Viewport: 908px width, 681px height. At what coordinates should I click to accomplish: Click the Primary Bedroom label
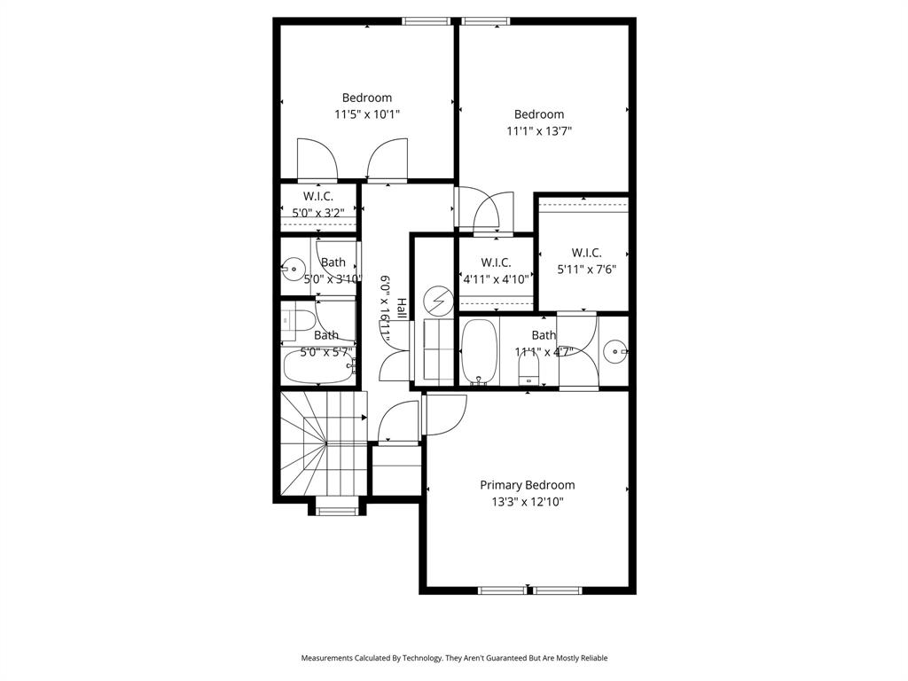click(x=527, y=485)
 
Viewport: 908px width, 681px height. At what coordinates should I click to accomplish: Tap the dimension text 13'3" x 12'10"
click(x=527, y=502)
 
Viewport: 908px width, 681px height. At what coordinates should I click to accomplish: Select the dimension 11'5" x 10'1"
click(x=367, y=114)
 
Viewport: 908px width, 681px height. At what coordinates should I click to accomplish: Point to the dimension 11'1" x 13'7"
click(x=539, y=131)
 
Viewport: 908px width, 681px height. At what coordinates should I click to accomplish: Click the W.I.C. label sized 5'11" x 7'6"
click(x=586, y=253)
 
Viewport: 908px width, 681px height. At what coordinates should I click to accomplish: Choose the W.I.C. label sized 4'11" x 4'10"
click(x=496, y=262)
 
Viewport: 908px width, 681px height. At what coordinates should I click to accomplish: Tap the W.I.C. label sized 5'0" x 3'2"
click(x=318, y=196)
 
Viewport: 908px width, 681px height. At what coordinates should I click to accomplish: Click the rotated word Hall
click(x=402, y=309)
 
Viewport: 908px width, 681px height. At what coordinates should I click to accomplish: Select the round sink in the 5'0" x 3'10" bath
click(x=293, y=265)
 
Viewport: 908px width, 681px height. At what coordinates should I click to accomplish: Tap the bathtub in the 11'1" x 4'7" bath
click(x=479, y=351)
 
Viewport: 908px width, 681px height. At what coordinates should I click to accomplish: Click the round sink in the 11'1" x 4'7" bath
click(x=614, y=352)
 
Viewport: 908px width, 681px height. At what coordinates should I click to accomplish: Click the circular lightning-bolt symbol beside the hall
click(x=436, y=302)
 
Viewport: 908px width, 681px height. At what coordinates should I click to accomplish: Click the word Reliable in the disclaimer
click(x=591, y=658)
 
